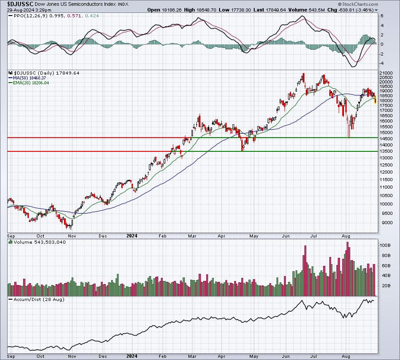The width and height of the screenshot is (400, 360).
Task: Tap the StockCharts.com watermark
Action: pyautogui.click(x=358, y=4)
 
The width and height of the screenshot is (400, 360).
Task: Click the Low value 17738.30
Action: pyautogui.click(x=240, y=10)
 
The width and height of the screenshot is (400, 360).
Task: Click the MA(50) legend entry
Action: pyautogui.click(x=27, y=78)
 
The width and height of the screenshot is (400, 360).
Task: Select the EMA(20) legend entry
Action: pyautogui.click(x=28, y=83)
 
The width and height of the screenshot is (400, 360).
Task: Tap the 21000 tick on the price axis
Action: pyautogui.click(x=386, y=73)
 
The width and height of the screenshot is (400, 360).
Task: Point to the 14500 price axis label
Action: pyautogui.click(x=386, y=139)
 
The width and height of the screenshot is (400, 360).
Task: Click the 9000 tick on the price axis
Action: pyautogui.click(x=387, y=223)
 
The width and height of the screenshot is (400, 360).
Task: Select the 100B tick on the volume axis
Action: pyautogui.click(x=385, y=245)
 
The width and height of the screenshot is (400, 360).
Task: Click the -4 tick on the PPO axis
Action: pyautogui.click(x=382, y=63)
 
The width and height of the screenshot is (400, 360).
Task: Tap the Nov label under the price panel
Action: pyautogui.click(x=72, y=236)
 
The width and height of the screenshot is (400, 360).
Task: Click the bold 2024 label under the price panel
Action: pyautogui.click(x=132, y=236)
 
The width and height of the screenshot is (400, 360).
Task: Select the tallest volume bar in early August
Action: pyautogui.click(x=348, y=269)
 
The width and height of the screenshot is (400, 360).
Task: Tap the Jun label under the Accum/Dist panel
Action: pyautogui.click(x=286, y=356)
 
